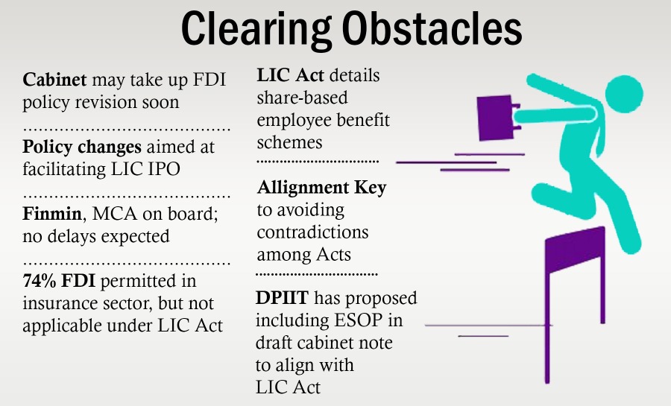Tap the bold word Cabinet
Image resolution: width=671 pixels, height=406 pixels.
click(54, 79)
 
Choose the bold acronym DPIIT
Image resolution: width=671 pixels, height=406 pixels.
click(282, 299)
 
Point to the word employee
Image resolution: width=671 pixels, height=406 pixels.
click(294, 120)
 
